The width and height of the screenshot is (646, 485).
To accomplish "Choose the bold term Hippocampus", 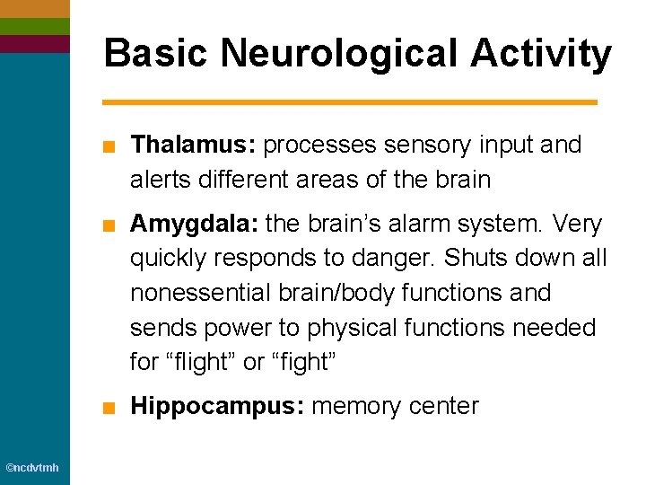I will [216, 407].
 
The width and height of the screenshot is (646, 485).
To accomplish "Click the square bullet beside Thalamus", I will [108, 145].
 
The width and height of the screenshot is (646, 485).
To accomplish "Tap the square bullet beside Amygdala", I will [108, 225].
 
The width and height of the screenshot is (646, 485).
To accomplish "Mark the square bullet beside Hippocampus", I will [108, 408].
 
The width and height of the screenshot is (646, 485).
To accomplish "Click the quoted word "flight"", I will [199, 363].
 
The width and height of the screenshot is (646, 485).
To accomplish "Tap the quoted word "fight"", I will [311, 363].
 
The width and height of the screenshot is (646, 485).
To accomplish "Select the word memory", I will [355, 407].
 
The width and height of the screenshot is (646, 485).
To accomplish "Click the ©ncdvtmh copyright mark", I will [32, 468].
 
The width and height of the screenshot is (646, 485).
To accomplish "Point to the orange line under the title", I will [350, 102].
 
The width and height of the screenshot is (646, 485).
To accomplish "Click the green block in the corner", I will [34, 26].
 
